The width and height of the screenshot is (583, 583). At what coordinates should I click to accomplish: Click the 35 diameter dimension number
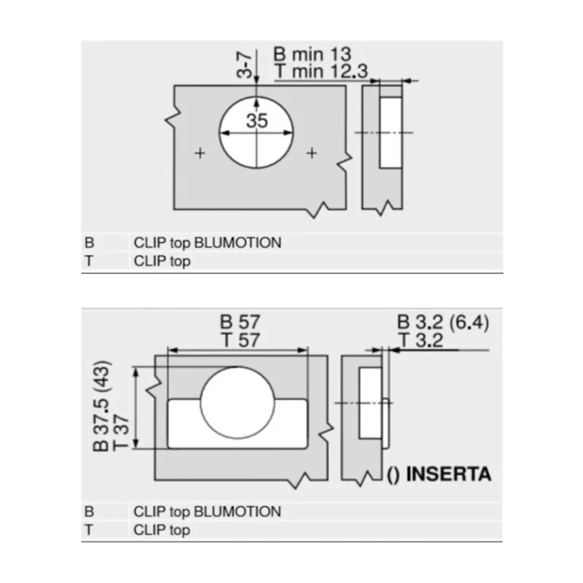point(257,120)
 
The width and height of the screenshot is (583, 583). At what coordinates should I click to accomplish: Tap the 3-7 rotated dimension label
point(245,64)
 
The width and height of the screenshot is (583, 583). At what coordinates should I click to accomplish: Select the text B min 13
point(313,54)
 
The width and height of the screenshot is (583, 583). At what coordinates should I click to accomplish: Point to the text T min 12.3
point(321,71)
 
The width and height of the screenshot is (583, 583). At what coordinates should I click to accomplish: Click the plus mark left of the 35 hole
point(200,153)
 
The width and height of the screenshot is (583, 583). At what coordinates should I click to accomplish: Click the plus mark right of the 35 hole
point(312,153)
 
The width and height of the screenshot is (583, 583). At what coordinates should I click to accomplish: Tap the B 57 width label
point(240,322)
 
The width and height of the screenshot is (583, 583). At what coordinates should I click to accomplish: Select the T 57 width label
point(240,340)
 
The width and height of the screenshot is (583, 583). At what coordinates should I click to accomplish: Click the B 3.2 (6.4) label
point(443,322)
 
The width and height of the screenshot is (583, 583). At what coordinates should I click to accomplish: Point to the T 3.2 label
point(420,340)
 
